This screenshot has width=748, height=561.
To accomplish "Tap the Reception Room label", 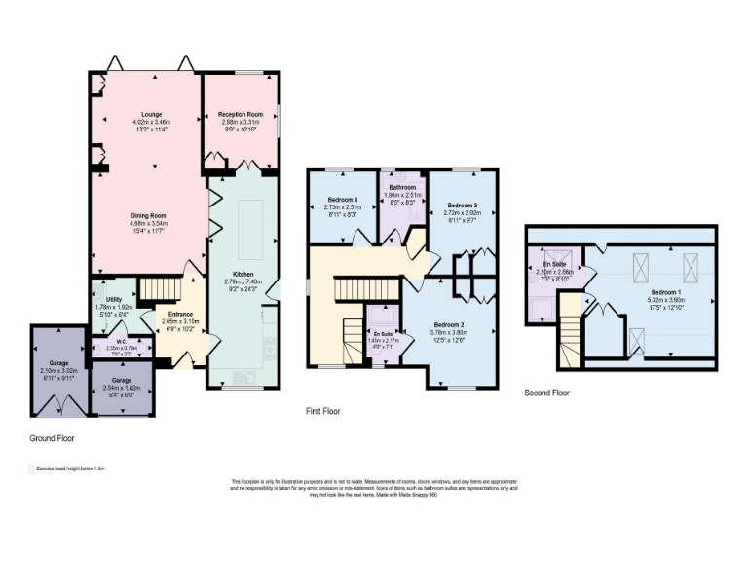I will pos(241,114).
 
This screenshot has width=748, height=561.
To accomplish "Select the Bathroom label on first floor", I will pos(403,187).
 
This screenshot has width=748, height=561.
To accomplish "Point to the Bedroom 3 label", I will pos(462,205).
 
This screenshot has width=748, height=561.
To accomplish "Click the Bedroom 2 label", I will pos(448,323).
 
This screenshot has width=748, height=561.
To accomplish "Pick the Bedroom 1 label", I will pos(666,291).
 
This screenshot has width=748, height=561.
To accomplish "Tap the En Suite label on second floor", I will pos(554,264).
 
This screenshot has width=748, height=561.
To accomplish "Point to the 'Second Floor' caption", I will pos(545,393).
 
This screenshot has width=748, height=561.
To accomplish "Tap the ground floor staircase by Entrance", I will pos(155,288).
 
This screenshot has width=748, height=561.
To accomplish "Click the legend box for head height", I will pos(33,468).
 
